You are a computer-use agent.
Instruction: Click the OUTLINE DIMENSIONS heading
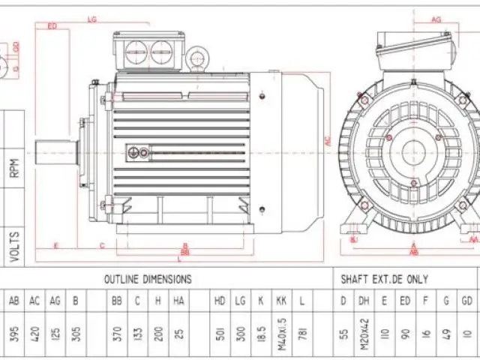148,279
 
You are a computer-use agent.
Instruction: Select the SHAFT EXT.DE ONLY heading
385,279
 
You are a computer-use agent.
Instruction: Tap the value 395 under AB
15,334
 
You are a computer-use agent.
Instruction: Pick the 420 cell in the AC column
34,334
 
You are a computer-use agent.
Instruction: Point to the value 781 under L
302,334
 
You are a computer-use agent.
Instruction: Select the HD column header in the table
220,301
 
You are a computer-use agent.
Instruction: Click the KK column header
280,301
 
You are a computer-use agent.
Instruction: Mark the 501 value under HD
220,334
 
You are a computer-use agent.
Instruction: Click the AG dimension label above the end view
436,20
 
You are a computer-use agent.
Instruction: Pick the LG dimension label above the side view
92,18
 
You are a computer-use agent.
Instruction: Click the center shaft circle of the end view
413,152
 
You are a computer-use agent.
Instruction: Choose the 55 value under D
344,334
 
